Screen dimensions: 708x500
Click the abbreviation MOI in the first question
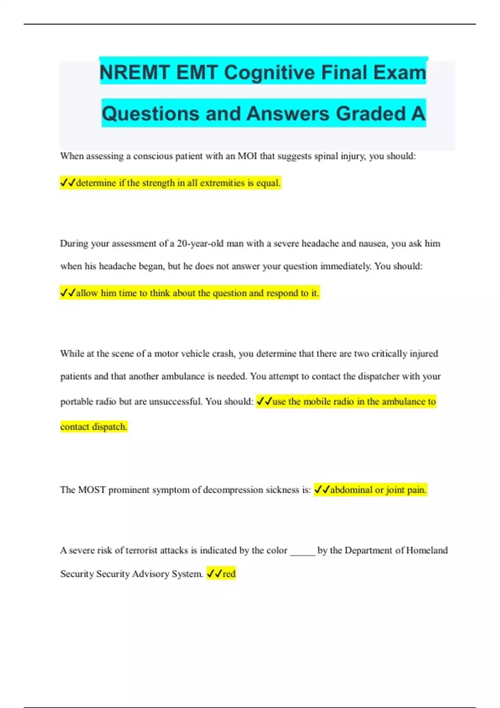tap(247, 156)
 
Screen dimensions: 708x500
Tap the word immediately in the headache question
tap(345, 266)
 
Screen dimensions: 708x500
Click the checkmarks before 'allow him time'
tap(67, 293)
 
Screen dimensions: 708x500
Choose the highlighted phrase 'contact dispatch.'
tap(94, 427)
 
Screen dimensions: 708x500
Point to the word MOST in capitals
tap(92, 490)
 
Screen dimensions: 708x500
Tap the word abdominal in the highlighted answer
tap(351, 490)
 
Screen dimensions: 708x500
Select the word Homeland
tap(427, 551)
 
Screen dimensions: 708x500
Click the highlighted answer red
tap(229, 574)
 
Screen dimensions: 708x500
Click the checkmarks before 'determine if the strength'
tap(67, 183)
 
